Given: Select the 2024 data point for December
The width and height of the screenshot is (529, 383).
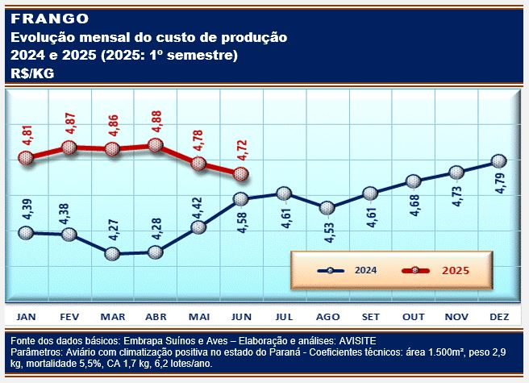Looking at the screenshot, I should pyautogui.click(x=498, y=161).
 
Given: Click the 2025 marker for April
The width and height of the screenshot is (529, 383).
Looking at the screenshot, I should pyautogui.click(x=156, y=146).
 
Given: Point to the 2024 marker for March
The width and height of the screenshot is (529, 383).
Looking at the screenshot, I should pyautogui.click(x=113, y=254).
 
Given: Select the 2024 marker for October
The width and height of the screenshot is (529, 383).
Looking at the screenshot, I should pyautogui.click(x=413, y=181).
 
